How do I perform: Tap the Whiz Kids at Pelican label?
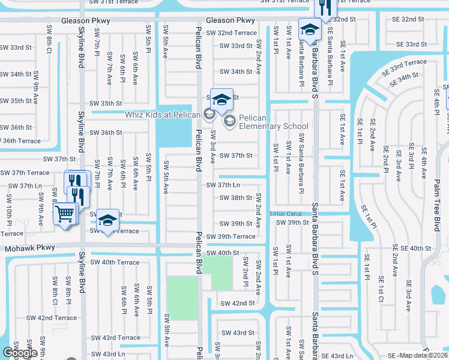pyautogui.click(x=163, y=114)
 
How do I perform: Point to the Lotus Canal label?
pyautogui.click(x=285, y=214)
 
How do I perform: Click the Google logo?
pyautogui.click(x=20, y=353)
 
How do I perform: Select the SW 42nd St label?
pyautogui.click(x=237, y=304)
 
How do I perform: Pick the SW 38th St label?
pyautogui.click(x=235, y=198)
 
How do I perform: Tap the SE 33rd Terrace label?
pyautogui.click(x=408, y=63)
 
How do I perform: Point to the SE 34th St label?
pyautogui.click(x=399, y=77)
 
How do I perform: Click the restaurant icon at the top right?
pyautogui.click(x=325, y=7)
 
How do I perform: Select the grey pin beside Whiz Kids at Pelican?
pyautogui.click(x=209, y=113)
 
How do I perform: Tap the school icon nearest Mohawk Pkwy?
pyautogui.click(x=108, y=221)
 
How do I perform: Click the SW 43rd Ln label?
pyautogui.click(x=109, y=354)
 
